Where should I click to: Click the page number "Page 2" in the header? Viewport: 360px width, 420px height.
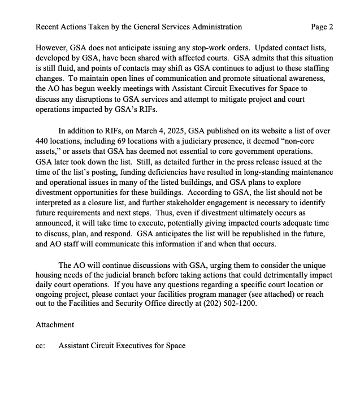pos(322,27)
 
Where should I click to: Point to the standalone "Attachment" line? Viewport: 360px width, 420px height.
pos(55,325)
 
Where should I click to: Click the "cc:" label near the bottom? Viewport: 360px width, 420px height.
pos(40,345)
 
